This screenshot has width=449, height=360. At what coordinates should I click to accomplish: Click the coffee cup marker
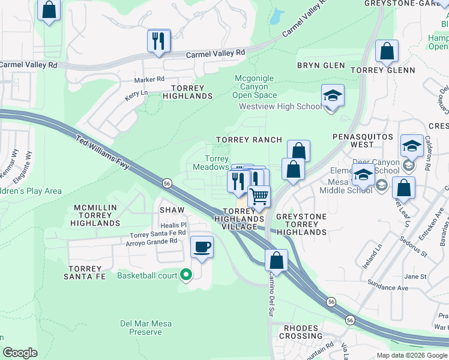click(202, 247)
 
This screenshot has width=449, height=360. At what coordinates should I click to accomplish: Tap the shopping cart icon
click(259, 196)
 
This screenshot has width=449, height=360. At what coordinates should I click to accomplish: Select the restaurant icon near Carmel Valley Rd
click(158, 41)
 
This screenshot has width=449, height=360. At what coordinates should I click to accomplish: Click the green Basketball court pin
click(186, 275)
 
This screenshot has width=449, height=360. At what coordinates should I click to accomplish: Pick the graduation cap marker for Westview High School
click(332, 96)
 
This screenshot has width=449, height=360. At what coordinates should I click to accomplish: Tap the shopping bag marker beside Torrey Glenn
click(387, 52)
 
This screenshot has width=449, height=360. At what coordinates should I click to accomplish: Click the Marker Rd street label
click(149, 79)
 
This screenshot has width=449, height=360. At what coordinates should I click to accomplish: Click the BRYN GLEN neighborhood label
click(321, 65)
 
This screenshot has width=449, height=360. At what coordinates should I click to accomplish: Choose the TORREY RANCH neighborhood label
click(249, 140)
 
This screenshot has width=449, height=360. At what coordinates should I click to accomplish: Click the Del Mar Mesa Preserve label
click(146, 328)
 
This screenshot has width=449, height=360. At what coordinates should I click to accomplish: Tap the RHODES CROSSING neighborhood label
click(304, 332)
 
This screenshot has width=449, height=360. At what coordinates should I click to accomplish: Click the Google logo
click(20, 353)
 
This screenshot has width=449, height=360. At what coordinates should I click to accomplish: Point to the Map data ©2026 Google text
click(411, 355)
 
